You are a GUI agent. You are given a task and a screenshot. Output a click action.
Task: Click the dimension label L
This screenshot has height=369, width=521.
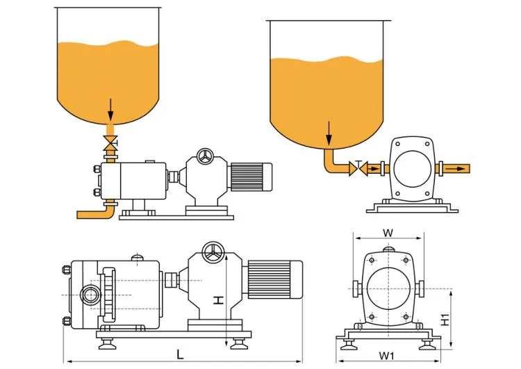[x=180, y=354]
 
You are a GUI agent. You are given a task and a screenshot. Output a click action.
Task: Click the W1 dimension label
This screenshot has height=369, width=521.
[x=388, y=355]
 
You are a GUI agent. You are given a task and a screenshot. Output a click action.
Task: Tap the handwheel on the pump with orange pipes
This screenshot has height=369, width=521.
[x=204, y=157]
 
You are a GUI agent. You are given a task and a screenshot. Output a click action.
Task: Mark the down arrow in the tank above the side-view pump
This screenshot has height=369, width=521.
[x=109, y=108]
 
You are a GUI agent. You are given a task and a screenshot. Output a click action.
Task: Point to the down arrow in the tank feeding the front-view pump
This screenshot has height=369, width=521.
[x=329, y=132]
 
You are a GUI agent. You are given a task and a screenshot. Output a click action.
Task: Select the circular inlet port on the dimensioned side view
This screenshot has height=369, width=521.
[x=90, y=293]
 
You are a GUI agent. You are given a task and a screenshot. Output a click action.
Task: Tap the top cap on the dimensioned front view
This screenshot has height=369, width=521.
[x=388, y=247]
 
